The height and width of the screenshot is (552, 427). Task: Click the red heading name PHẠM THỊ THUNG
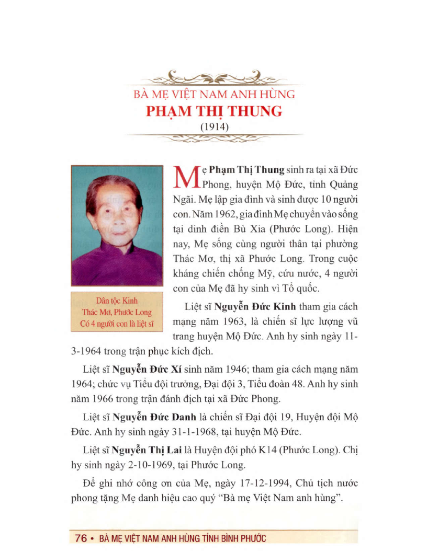[213, 112]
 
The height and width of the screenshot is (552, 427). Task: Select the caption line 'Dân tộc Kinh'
[117, 302]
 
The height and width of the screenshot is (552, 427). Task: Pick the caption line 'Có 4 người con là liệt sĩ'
[117, 323]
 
